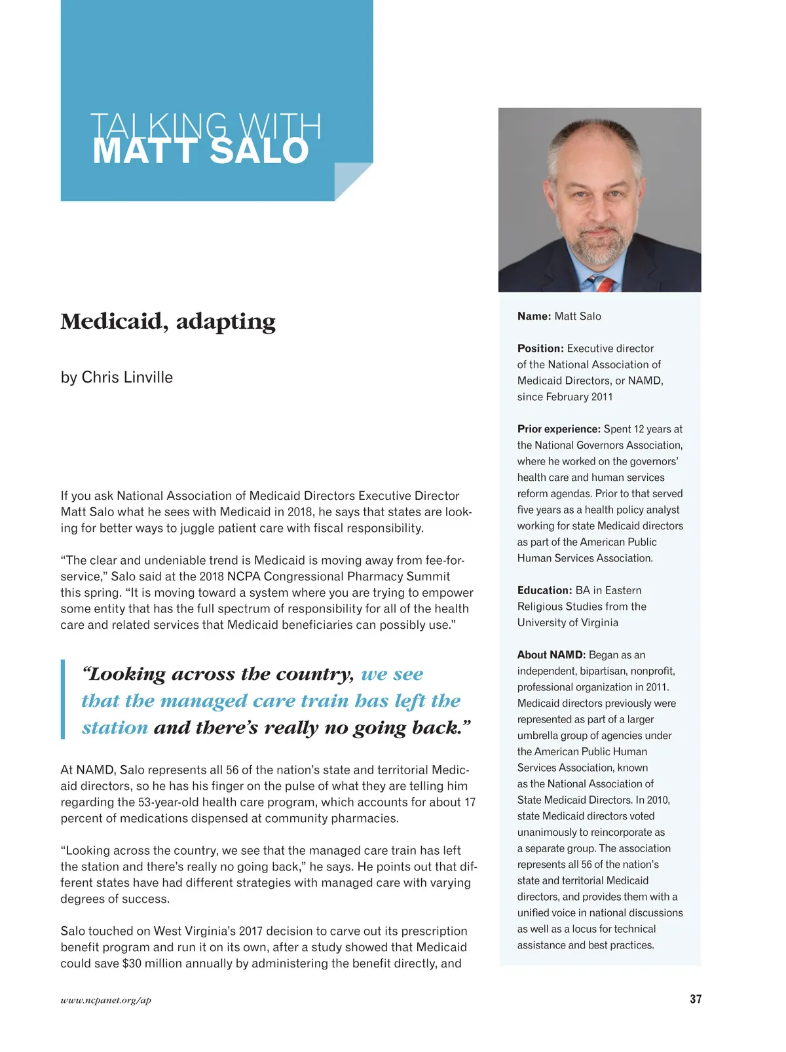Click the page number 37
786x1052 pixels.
pos(695,999)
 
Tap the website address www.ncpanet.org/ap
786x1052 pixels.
pos(105,1000)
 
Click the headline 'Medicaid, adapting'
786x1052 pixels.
pos(168,321)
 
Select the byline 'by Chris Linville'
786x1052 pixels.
pos(117,377)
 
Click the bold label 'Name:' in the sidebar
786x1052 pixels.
pos(534,316)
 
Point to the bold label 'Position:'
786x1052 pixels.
pos(540,348)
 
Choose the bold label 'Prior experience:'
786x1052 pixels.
pos(559,429)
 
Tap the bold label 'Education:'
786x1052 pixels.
pos(544,590)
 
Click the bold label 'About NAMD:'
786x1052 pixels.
pos(551,655)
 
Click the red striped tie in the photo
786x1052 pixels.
pos(605,284)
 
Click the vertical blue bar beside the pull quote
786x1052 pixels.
pos(63,700)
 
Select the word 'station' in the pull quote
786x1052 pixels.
pos(115,728)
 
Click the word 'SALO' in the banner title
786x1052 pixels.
pos(259,151)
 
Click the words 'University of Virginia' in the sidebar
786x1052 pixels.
pos(567,622)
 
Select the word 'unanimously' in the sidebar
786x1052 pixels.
pos(547,833)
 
